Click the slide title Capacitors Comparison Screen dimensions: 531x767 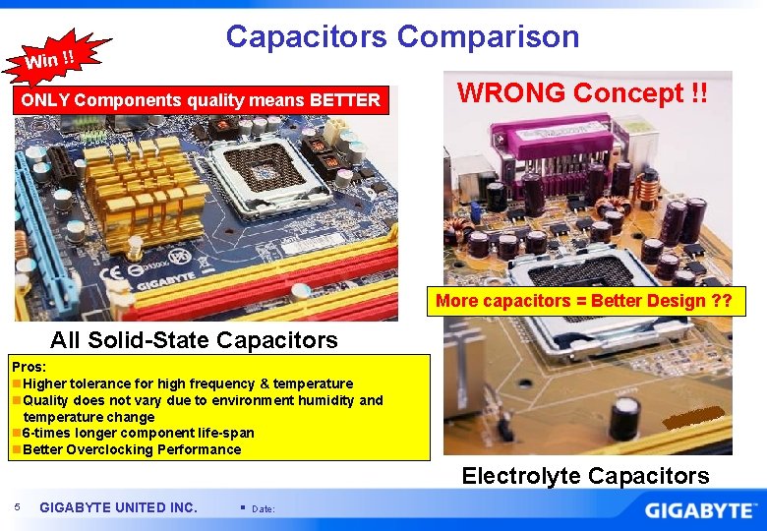(x=402, y=37)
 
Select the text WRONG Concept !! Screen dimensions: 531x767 (x=583, y=93)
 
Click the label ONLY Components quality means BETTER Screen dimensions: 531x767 (x=201, y=99)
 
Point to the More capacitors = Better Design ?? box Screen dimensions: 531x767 (x=584, y=301)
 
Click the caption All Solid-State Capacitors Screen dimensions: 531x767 (x=194, y=340)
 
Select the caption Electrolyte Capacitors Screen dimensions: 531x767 (x=585, y=476)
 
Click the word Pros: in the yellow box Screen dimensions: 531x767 (x=29, y=367)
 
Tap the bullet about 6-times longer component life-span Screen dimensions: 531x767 (x=138, y=433)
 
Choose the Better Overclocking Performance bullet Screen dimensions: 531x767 (x=131, y=449)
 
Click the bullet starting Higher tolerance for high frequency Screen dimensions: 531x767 (x=187, y=383)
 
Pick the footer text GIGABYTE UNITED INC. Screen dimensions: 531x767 (x=118, y=507)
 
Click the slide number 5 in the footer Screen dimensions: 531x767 (x=18, y=507)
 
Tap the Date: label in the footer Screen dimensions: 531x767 (x=264, y=508)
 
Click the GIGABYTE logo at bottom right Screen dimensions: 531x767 (x=700, y=510)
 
